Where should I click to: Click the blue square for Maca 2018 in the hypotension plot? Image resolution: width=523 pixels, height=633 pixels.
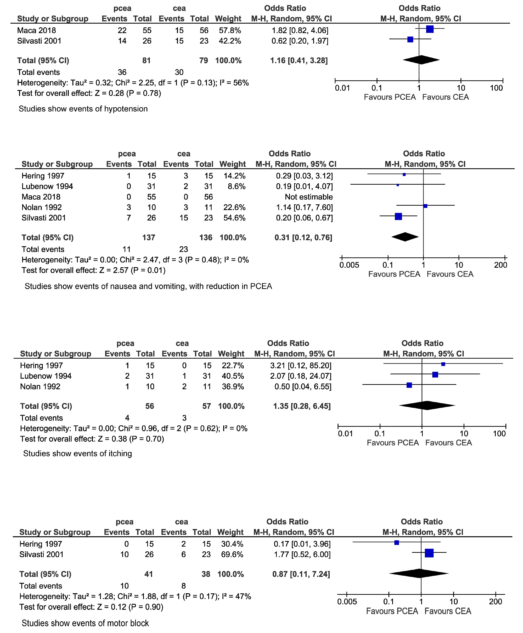click(x=430, y=29)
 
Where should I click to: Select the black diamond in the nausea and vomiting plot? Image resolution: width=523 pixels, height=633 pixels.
click(x=405, y=237)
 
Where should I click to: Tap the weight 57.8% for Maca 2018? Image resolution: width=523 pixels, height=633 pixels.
click(x=230, y=30)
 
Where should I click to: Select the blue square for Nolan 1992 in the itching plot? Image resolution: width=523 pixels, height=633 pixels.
click(x=409, y=385)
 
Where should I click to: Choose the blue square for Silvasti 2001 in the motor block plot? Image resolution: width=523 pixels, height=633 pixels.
click(x=429, y=553)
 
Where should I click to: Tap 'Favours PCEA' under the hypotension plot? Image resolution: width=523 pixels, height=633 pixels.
click(x=390, y=97)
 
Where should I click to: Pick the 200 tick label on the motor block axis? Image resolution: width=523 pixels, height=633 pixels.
click(x=495, y=602)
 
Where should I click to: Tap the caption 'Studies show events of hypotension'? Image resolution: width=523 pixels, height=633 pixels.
click(x=83, y=109)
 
